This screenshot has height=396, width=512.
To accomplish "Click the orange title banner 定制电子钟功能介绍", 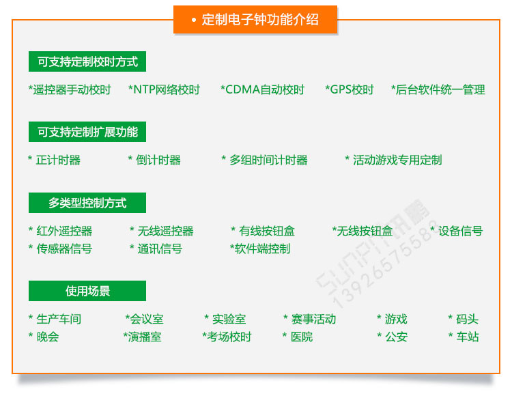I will tap(255, 19).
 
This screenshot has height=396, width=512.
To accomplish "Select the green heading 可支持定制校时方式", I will tap(87, 61).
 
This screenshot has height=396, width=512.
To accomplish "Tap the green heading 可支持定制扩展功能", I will tap(87, 132).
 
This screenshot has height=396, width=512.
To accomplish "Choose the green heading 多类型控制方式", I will tap(87, 203).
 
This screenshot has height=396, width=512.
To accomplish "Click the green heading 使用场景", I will tap(87, 292).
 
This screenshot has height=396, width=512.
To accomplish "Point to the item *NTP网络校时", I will tap(164, 89).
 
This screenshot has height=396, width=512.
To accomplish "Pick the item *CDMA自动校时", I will tap(262, 89).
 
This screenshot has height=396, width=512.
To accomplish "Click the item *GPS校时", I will tap(350, 89).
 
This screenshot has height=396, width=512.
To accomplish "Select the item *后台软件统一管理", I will tap(438, 89).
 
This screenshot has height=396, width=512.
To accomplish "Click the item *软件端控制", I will tap(260, 249).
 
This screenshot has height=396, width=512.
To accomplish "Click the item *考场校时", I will tap(227, 337).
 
